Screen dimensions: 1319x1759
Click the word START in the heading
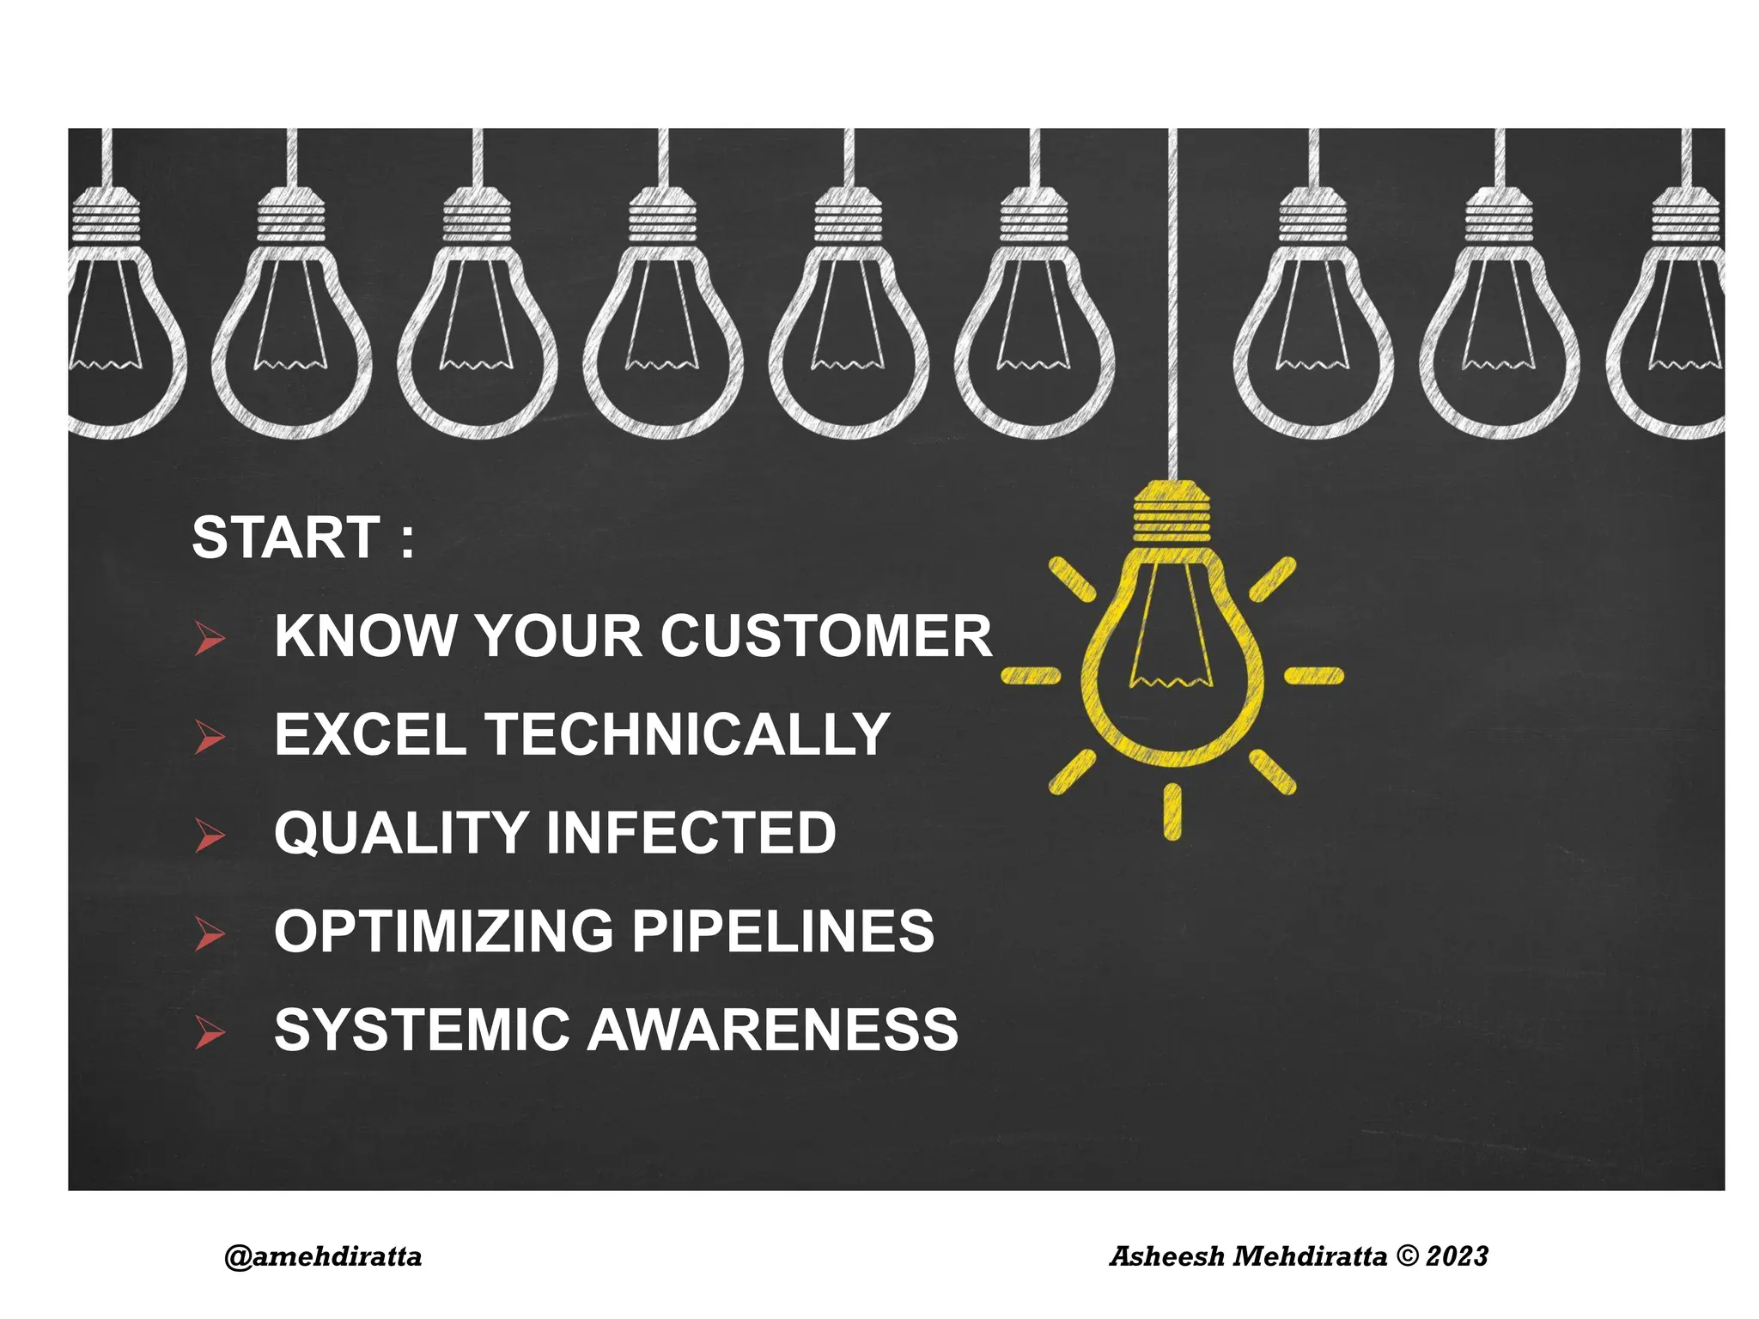285,538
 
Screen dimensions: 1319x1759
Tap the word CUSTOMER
825,636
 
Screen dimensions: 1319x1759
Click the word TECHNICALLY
687,735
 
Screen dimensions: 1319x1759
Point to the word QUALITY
400,834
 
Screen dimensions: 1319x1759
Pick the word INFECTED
691,834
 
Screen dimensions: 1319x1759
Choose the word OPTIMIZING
442,932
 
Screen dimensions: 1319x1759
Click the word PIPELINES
782,932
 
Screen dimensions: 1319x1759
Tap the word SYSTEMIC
422,1030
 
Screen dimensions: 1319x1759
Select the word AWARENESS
773,1030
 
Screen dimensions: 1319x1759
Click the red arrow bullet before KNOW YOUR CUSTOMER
209,638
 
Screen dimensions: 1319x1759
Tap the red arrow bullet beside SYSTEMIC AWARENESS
209,1032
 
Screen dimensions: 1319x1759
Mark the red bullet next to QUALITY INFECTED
209,835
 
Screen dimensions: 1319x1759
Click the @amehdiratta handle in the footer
323,1257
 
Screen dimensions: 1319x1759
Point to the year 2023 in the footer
1457,1257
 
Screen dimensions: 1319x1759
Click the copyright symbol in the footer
1408,1257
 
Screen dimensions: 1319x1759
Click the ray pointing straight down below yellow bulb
1172,811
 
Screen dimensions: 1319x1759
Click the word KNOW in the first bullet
365,636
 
